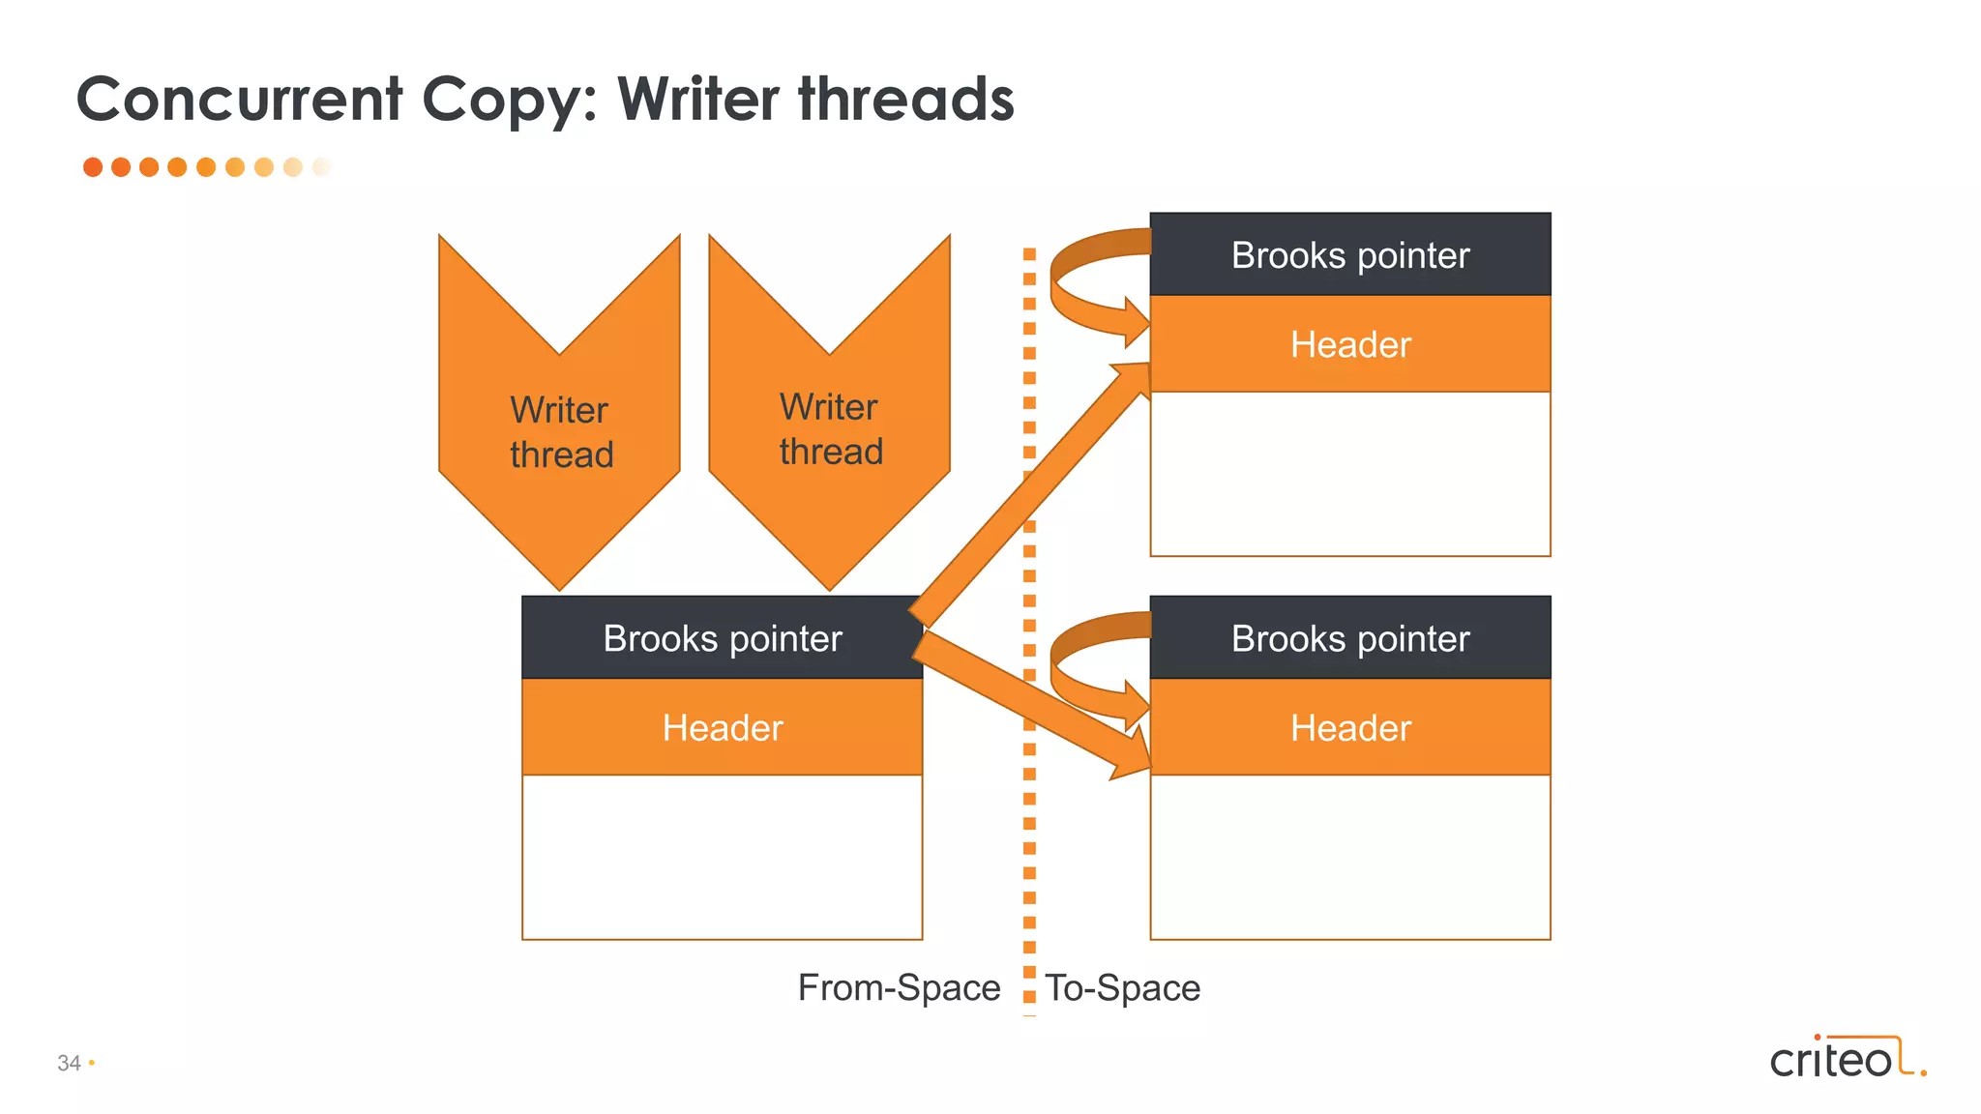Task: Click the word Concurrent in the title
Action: pos(239,100)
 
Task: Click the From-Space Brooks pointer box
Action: pos(722,638)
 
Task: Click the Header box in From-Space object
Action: pos(722,727)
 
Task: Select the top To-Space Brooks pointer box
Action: pos(1349,255)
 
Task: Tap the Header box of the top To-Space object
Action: pos(1349,344)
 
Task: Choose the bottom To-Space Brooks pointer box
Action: pos(1349,638)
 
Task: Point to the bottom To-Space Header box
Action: pos(1349,727)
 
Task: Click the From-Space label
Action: pos(899,988)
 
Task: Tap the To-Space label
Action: pos(1122,988)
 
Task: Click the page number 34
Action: pos(69,1063)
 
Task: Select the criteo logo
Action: pos(1846,1058)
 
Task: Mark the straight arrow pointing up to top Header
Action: pos(1025,493)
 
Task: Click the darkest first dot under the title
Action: pos(93,167)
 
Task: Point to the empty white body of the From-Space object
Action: pos(722,857)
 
